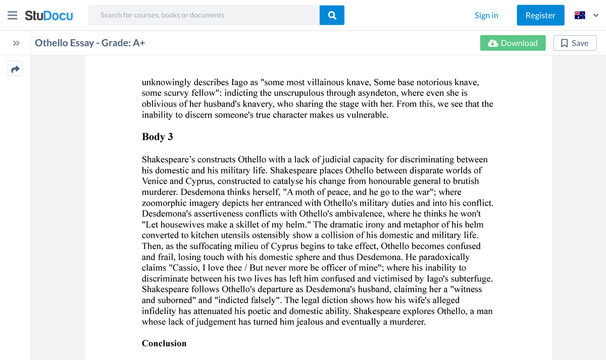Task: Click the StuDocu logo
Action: pyautogui.click(x=48, y=15)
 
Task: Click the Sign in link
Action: pyautogui.click(x=486, y=15)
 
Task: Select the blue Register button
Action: pyautogui.click(x=540, y=15)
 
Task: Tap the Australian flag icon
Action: pyautogui.click(x=580, y=15)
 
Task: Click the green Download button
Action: pyautogui.click(x=513, y=43)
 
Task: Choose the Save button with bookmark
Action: pyautogui.click(x=575, y=43)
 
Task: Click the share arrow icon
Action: pyautogui.click(x=16, y=69)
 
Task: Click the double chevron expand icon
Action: pyautogui.click(x=16, y=43)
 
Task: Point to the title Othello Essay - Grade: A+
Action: pyautogui.click(x=90, y=43)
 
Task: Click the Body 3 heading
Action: pyautogui.click(x=158, y=137)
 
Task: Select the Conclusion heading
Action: pyautogui.click(x=164, y=343)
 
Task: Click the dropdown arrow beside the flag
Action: pyautogui.click(x=595, y=15)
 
